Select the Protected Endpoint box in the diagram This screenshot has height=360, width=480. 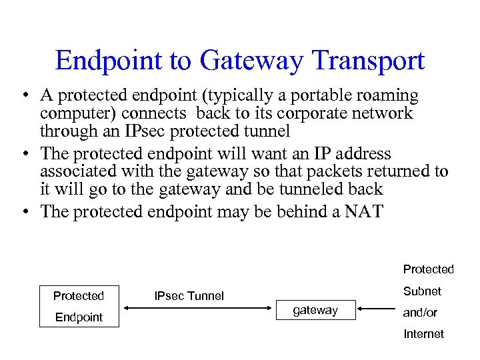click(x=79, y=306)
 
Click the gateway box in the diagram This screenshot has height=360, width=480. click(x=315, y=310)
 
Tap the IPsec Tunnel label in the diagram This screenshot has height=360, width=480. click(x=189, y=295)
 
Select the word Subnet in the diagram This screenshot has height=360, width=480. click(x=422, y=291)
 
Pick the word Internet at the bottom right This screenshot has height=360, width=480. click(x=423, y=333)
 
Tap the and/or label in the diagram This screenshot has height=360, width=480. click(x=420, y=312)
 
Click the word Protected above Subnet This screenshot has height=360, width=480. click(x=428, y=269)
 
